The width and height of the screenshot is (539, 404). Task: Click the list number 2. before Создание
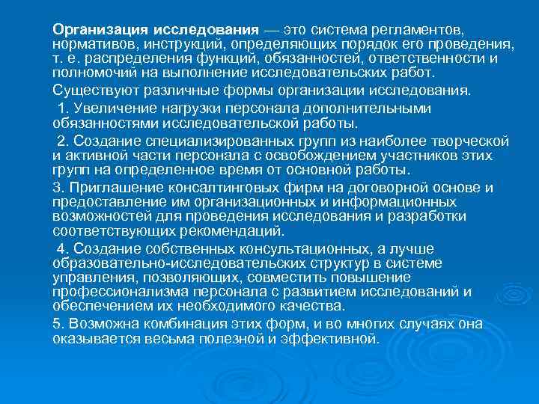(63, 141)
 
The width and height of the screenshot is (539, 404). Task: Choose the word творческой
(469, 141)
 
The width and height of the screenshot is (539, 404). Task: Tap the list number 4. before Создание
(63, 248)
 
